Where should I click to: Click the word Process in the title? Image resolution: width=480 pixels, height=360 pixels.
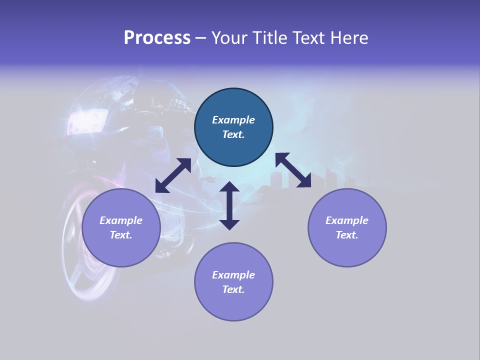157,38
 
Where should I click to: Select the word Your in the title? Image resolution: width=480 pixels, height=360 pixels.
229,38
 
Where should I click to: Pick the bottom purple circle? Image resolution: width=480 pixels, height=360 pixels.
233,305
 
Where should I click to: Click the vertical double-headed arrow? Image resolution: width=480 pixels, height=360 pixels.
229,205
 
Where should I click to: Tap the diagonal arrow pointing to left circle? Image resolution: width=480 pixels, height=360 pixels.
173,175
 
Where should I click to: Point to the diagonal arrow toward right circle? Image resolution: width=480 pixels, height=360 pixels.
293,170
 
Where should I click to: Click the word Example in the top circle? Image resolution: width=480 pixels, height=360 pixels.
233,120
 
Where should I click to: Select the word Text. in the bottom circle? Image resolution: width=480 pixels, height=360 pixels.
233,289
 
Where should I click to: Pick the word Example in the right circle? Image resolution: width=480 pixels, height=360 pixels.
347,220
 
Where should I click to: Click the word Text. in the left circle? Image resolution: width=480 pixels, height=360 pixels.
121,235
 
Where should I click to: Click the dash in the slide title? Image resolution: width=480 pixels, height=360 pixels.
201,38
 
